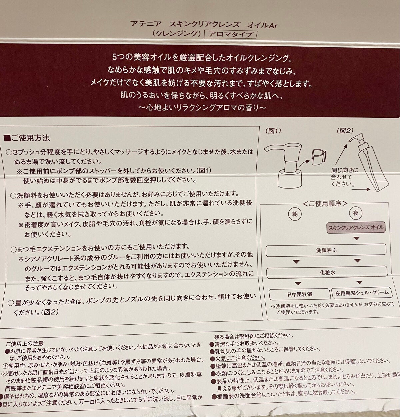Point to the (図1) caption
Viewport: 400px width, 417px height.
click(x=273, y=131)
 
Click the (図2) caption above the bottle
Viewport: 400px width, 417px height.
click(x=345, y=131)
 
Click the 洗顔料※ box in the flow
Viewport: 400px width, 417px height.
click(x=326, y=250)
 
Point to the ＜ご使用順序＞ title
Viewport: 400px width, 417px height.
click(x=325, y=203)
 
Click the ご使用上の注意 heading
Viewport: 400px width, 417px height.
click(x=24, y=343)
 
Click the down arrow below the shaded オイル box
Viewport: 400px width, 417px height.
click(x=356, y=239)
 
